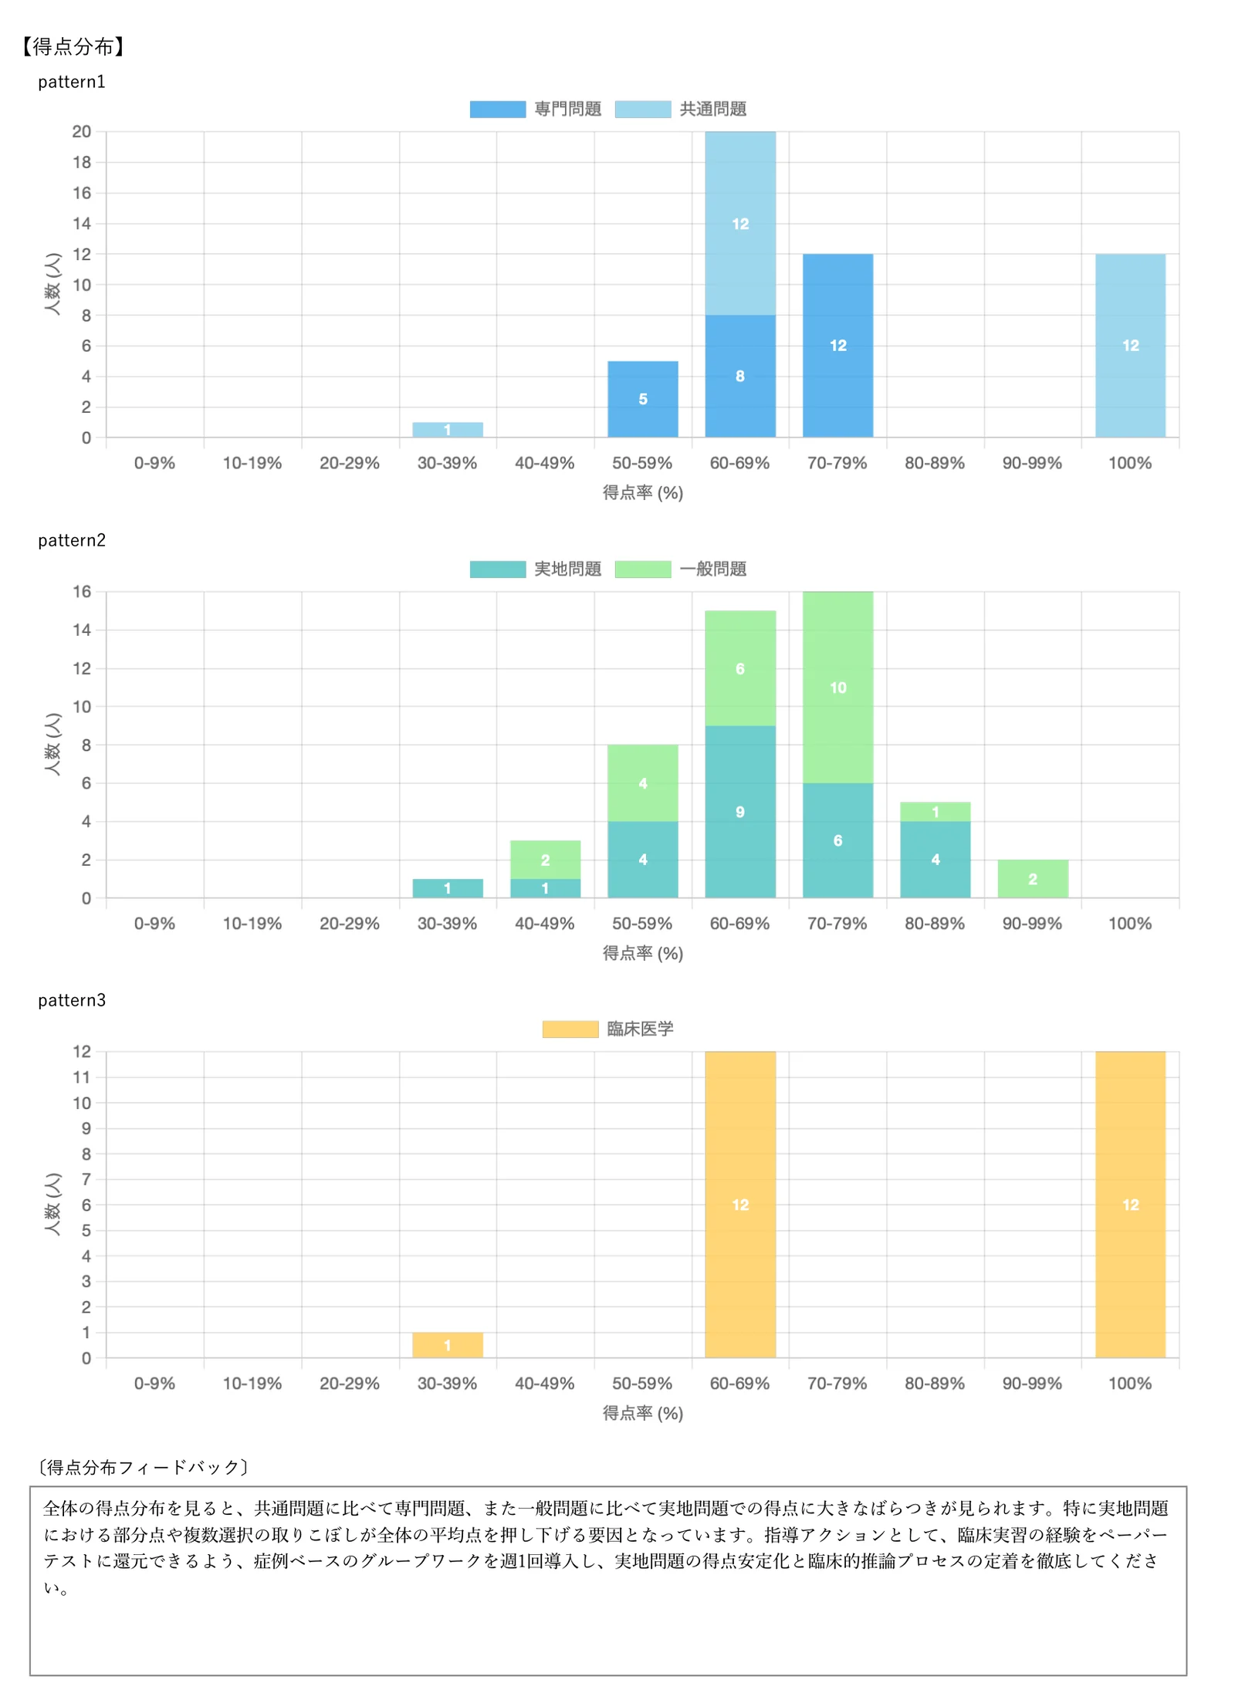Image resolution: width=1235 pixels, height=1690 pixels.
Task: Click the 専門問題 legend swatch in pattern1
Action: (x=498, y=110)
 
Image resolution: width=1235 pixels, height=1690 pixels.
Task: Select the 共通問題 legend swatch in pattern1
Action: (x=643, y=110)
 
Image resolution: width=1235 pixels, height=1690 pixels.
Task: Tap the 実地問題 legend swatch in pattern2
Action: (x=498, y=570)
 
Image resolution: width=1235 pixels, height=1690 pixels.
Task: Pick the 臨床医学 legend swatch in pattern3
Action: (x=570, y=1029)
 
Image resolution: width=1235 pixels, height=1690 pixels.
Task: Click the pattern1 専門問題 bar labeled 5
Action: (x=643, y=399)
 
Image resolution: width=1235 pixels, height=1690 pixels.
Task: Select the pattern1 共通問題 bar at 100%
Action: (x=1130, y=346)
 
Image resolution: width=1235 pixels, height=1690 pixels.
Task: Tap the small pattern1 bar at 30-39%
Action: (x=448, y=430)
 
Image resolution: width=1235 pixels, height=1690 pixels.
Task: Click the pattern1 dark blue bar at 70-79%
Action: (x=837, y=346)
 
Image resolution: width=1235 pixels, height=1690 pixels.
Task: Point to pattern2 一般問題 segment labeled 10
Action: (x=837, y=688)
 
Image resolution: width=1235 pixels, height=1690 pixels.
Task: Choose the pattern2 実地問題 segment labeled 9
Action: (x=740, y=812)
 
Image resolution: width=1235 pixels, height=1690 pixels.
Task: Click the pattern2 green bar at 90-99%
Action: (x=1033, y=879)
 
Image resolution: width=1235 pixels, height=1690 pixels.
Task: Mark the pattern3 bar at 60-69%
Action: (x=740, y=1205)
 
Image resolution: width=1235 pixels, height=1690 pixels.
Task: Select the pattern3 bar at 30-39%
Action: (x=448, y=1345)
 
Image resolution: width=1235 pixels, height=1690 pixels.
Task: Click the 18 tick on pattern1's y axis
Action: (x=82, y=162)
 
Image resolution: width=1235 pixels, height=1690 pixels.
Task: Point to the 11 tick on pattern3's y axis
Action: (x=82, y=1077)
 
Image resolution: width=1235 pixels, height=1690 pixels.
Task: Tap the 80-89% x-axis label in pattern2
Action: (x=935, y=924)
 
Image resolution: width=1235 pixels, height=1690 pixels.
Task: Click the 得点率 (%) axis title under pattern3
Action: (x=643, y=1413)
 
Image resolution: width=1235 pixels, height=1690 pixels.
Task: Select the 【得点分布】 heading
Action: (x=73, y=46)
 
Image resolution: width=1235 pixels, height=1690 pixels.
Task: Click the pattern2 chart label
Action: (x=72, y=540)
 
